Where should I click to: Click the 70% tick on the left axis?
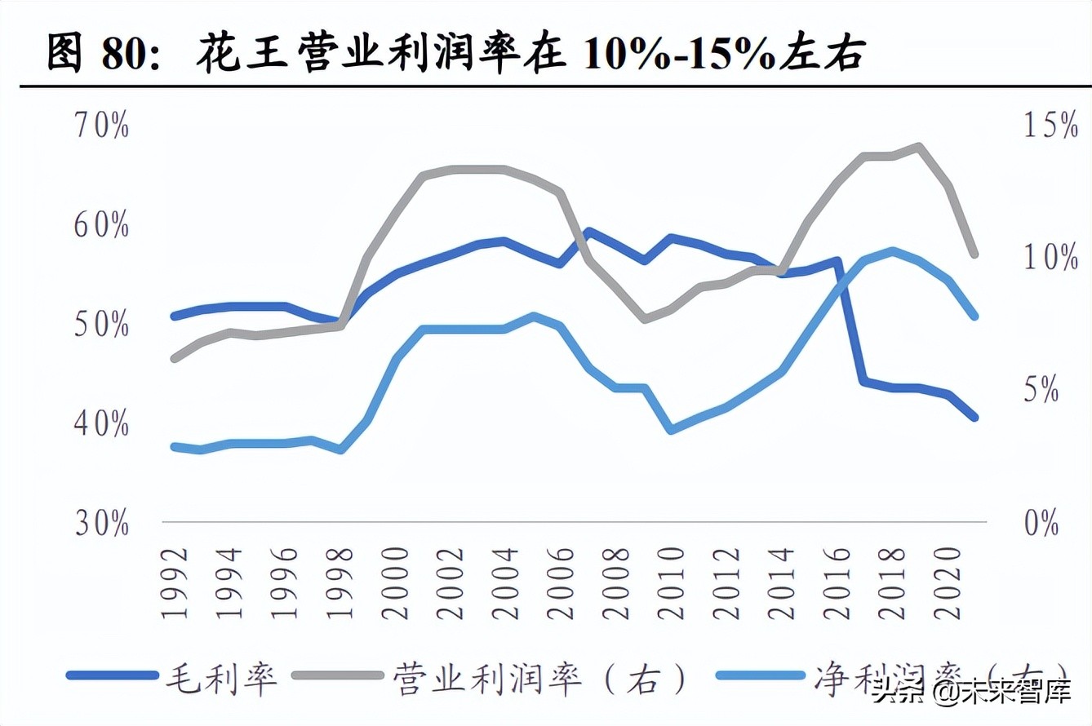101,126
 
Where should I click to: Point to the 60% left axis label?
101,226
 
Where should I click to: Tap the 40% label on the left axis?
101,424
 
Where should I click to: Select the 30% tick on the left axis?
101,524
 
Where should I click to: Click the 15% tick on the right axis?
1035,126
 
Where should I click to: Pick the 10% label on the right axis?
1035,258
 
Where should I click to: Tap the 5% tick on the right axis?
1040,391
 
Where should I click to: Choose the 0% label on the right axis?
1040,523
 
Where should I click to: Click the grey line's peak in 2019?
920,147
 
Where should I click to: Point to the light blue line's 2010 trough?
671,429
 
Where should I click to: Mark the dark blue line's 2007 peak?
588,232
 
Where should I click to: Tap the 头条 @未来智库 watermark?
971,695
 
